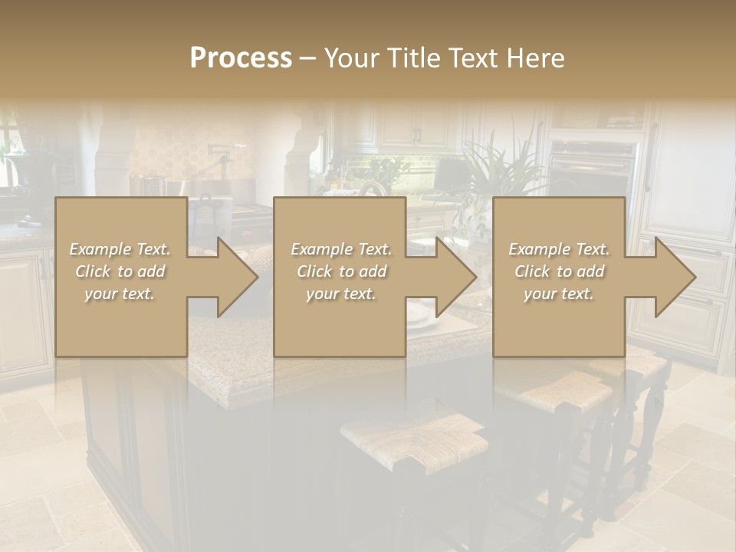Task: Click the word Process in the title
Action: pyautogui.click(x=241, y=58)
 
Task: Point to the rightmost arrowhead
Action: pyautogui.click(x=672, y=277)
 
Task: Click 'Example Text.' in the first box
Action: pyautogui.click(x=120, y=249)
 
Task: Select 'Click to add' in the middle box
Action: pyautogui.click(x=341, y=271)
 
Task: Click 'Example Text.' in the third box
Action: pyautogui.click(x=559, y=249)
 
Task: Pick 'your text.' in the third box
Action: pyautogui.click(x=559, y=294)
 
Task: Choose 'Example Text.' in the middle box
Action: pyautogui.click(x=341, y=249)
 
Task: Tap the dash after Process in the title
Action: pyautogui.click(x=307, y=58)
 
